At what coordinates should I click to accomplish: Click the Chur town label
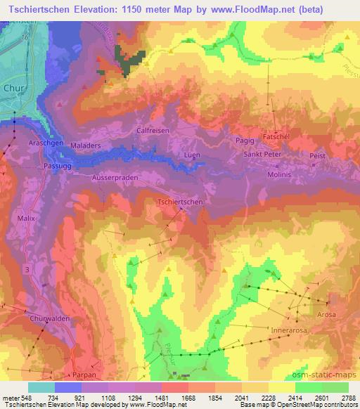click(x=13, y=89)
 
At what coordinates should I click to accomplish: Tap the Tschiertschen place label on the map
click(x=181, y=202)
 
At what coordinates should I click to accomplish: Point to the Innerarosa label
click(x=290, y=328)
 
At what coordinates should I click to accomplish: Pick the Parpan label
click(x=84, y=375)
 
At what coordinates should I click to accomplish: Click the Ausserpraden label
click(x=115, y=178)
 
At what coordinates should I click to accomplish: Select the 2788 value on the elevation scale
click(x=348, y=398)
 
